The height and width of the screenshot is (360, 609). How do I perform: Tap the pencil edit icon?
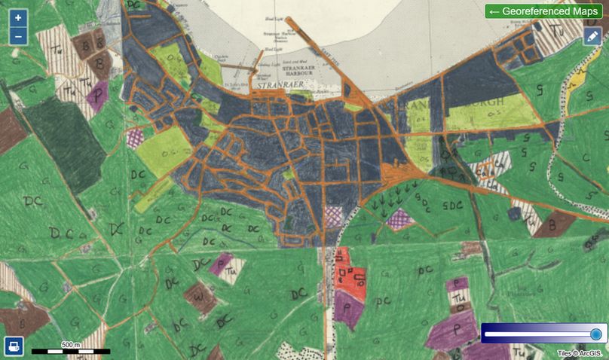(x=593, y=35)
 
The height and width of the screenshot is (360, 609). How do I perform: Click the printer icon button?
(x=14, y=346)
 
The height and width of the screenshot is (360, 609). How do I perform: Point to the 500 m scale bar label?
(x=71, y=344)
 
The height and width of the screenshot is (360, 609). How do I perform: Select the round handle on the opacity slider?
(x=595, y=334)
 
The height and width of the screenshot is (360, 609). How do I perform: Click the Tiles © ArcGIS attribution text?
(x=582, y=352)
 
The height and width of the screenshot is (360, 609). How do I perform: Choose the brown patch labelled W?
(x=199, y=297)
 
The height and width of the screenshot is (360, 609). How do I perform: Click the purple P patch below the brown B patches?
(x=96, y=96)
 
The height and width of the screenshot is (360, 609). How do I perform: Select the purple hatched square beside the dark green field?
(x=136, y=137)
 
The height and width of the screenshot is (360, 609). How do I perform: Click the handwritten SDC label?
(x=452, y=205)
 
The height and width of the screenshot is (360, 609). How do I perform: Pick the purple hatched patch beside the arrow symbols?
(x=400, y=218)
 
